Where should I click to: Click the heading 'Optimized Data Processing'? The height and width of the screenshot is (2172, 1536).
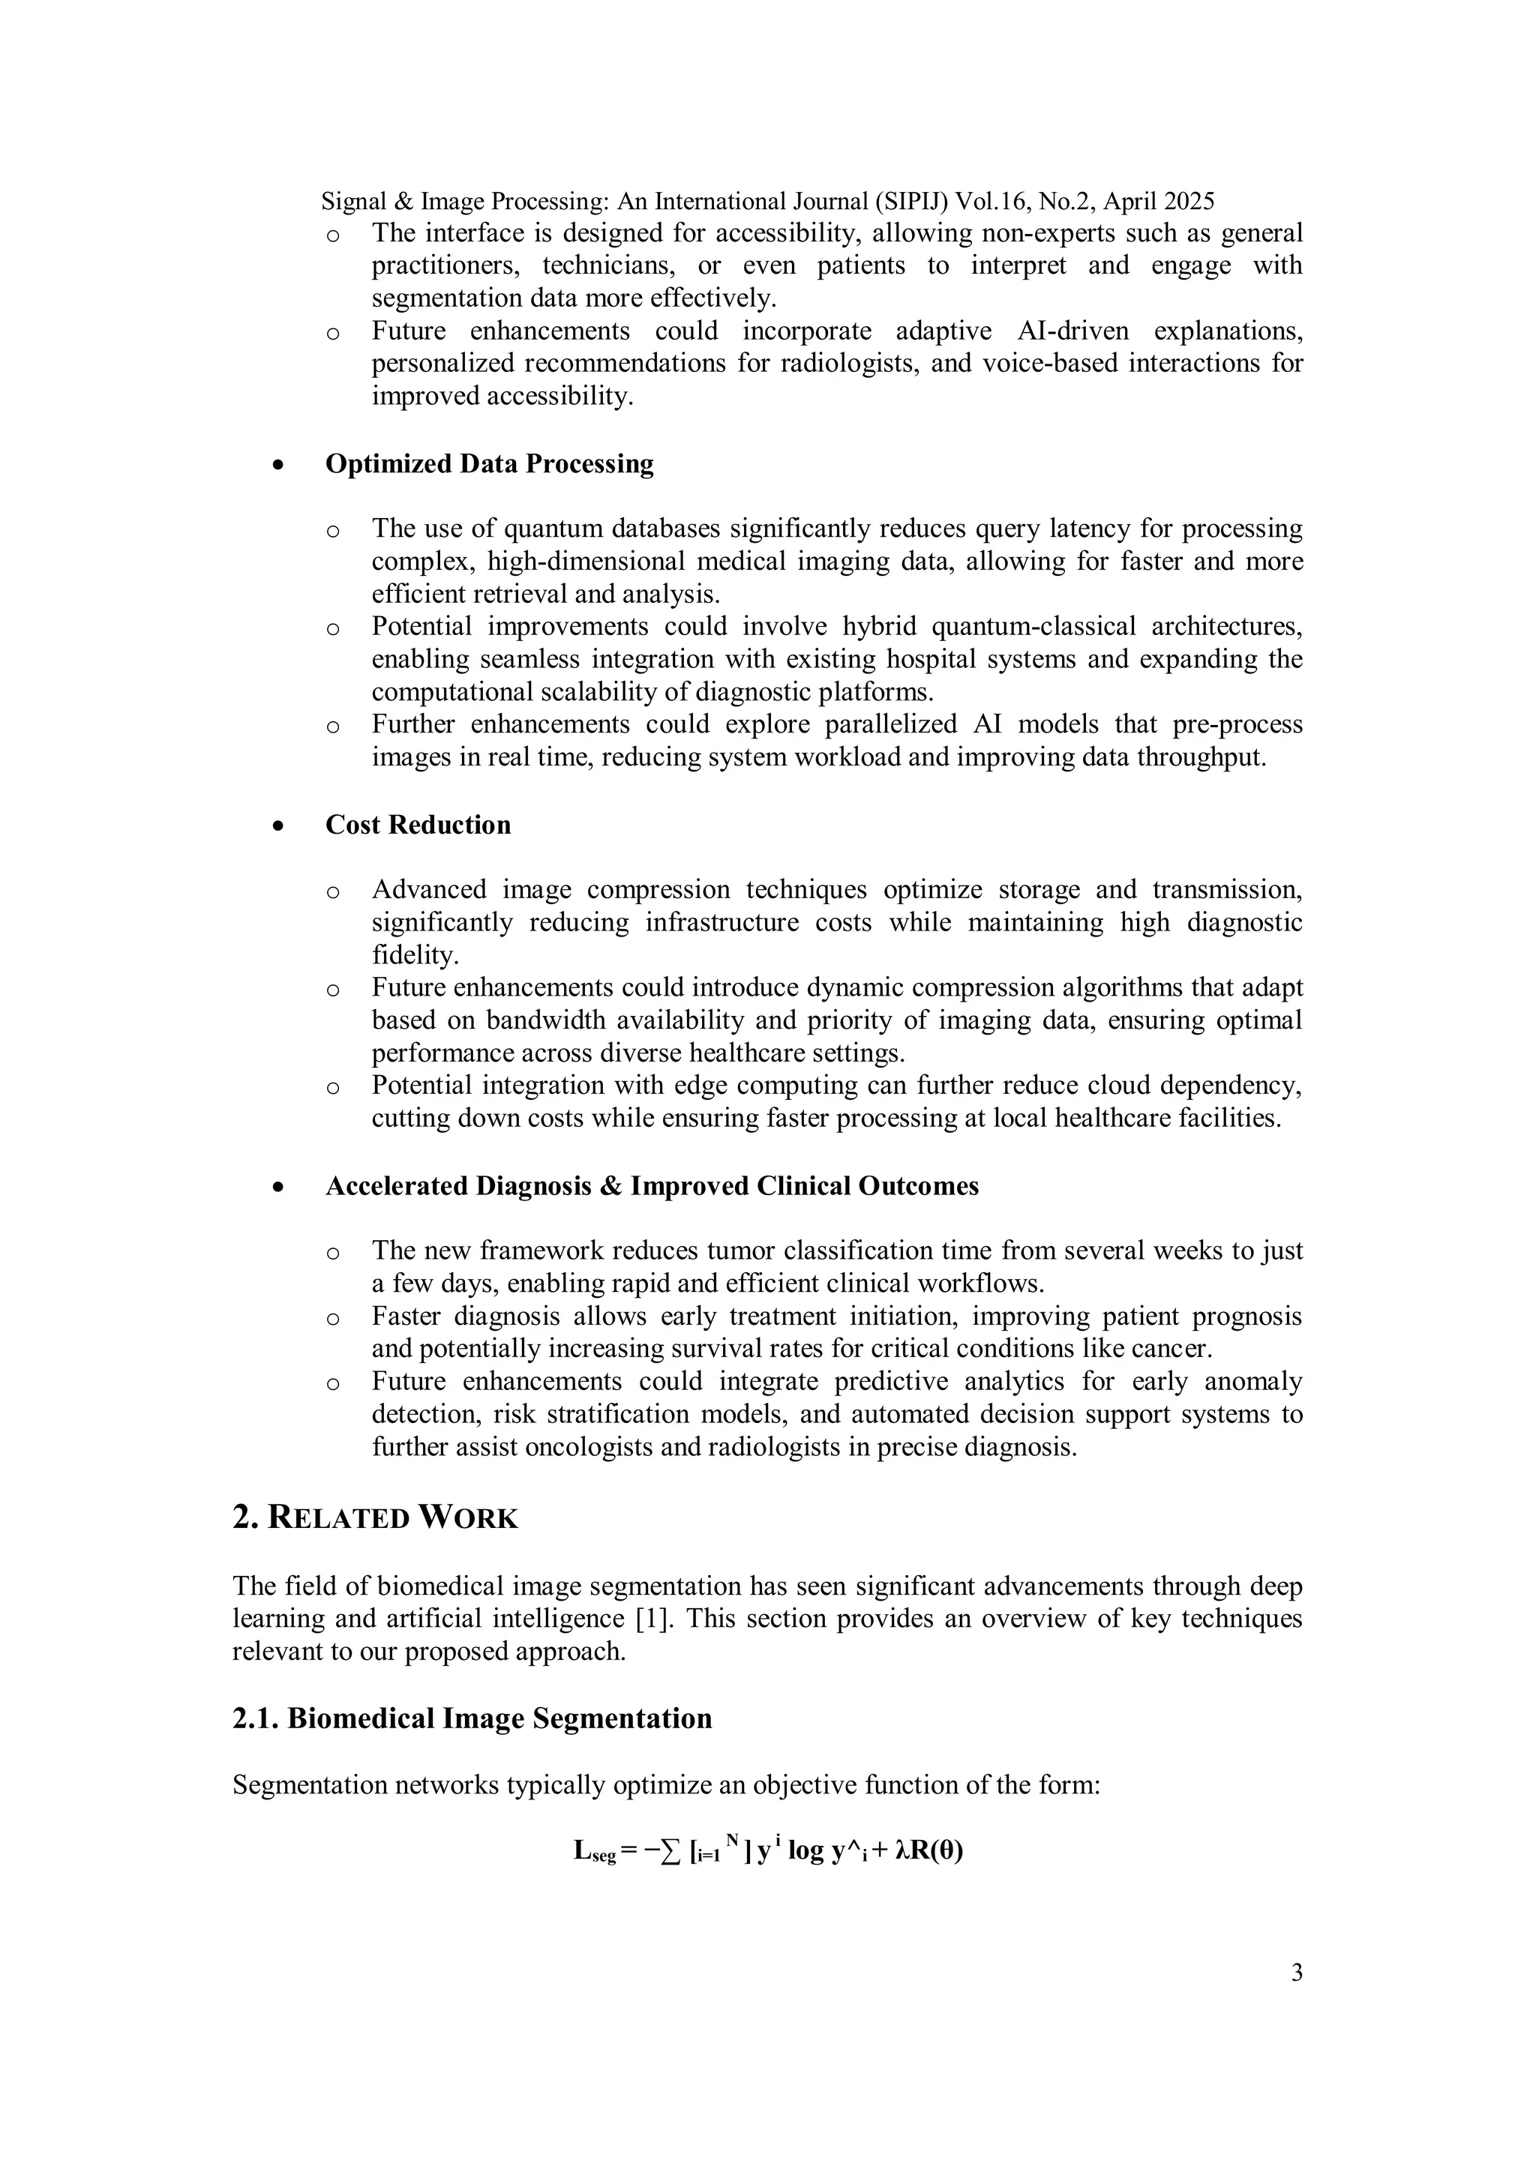[489, 463]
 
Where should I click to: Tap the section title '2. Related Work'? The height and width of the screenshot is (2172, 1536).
[375, 1517]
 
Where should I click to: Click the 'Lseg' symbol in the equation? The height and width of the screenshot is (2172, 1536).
[594, 1851]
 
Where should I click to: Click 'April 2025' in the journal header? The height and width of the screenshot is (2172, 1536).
[1159, 202]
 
